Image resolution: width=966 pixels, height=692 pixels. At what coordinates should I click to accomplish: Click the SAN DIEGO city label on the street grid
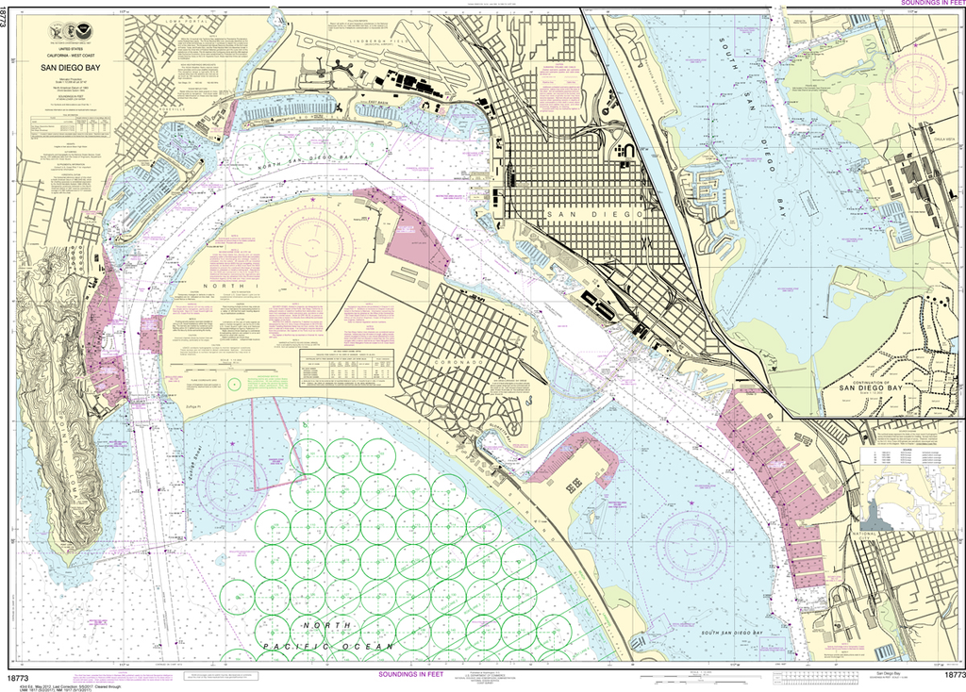point(593,214)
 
